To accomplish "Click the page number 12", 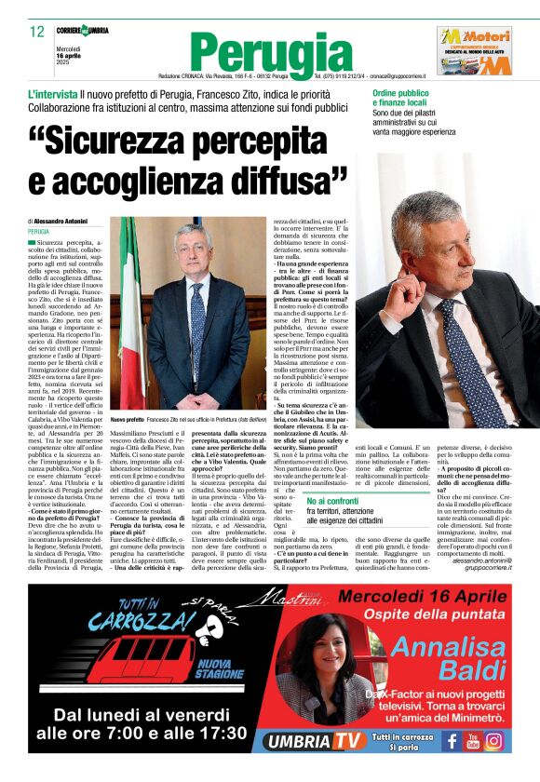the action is point(36,32).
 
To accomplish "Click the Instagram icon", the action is point(493,741).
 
